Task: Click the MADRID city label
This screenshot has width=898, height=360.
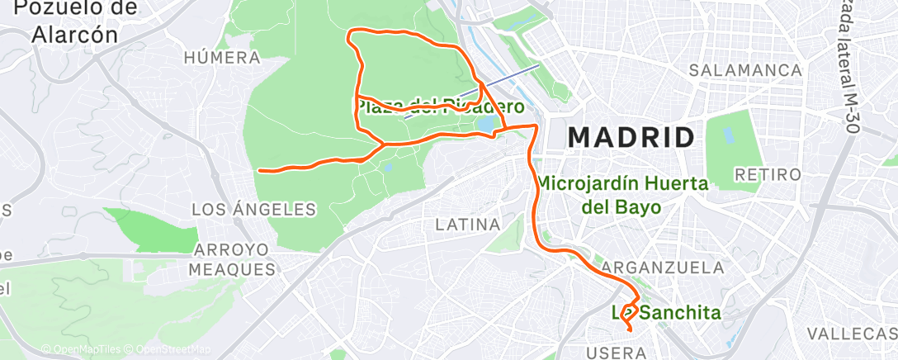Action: pos(631,136)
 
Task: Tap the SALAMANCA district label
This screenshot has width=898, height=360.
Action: pos(746,70)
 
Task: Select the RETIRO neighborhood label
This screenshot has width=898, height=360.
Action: pos(768,175)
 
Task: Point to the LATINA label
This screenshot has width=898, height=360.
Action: pos(468,224)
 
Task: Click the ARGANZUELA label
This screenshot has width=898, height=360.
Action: pos(664,268)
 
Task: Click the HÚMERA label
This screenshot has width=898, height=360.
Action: pos(222,58)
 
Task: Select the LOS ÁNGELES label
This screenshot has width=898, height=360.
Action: pos(254,210)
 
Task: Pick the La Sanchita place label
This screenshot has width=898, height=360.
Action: pos(665,313)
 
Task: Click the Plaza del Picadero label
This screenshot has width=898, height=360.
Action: pos(440,107)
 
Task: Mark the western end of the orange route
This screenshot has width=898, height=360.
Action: pos(260,171)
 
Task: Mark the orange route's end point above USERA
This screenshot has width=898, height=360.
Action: pos(631,330)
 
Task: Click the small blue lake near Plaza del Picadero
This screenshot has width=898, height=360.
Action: pos(486,123)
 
